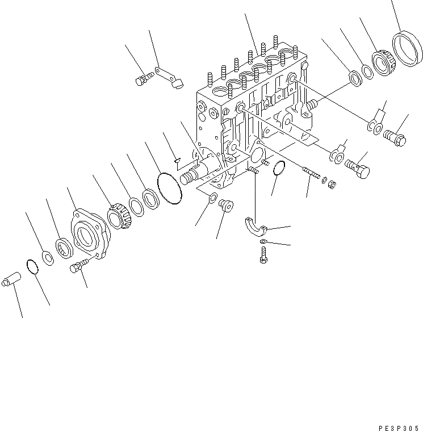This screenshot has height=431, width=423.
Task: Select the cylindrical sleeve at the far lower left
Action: pos(11,281)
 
